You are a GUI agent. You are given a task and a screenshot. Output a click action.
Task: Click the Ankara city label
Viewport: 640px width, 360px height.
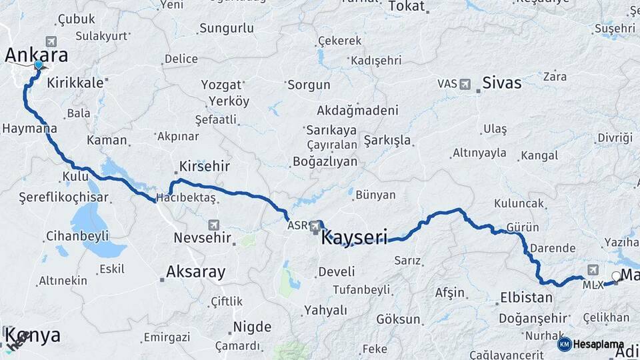pos(36,55)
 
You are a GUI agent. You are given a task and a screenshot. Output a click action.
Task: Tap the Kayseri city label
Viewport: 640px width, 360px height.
pos(354,237)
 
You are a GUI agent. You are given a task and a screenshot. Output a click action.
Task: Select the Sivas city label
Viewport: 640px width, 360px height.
pos(501,83)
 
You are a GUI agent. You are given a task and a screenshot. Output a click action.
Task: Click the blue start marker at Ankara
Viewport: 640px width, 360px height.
pos(38,65)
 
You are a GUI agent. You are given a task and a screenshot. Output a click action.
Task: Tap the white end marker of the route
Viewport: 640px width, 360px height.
pos(616,276)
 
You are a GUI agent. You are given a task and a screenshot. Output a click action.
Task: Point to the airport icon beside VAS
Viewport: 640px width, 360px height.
pos(465,84)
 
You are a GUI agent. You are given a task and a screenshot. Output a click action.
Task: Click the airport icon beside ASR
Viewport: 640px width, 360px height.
pos(315,227)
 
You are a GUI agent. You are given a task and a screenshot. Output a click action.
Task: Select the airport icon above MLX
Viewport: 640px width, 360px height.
pos(593,270)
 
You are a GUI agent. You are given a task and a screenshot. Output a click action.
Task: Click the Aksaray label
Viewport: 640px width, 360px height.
pos(195,272)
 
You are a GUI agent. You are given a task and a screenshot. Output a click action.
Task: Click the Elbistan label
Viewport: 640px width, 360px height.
pos(525,298)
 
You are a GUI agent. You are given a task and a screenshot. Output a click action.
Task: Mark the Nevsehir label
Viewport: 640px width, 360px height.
pos(202,237)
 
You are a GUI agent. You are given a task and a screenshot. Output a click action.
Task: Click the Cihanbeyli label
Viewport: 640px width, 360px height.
pos(77,236)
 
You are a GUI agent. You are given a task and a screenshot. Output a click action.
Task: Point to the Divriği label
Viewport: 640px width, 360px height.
pos(614,137)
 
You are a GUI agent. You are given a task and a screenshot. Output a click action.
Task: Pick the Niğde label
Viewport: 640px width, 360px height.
pos(252,327)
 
